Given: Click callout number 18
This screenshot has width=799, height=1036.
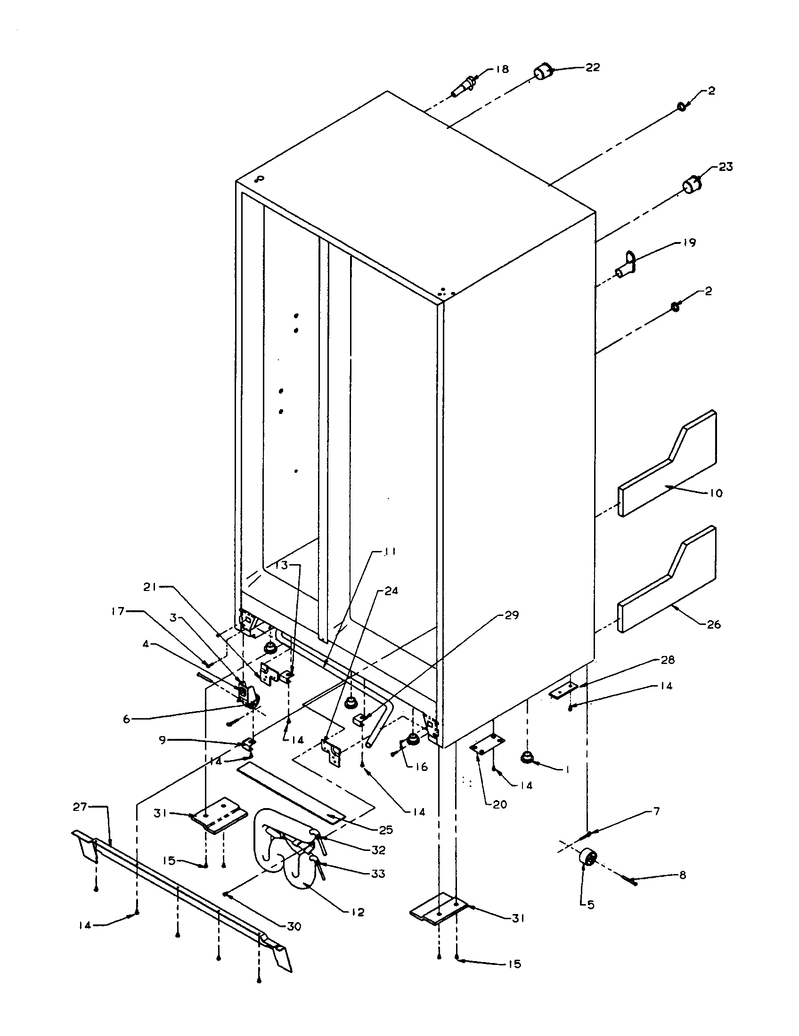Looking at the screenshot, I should pos(502,69).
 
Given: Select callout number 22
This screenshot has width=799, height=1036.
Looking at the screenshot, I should pos(593,67).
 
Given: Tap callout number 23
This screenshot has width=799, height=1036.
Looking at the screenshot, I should pos(726,167).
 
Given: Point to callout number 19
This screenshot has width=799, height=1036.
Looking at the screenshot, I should pos(689,243).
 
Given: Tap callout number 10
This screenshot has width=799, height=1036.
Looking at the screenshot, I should pos(716,494).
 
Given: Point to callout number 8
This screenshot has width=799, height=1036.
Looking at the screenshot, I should pos(682,876).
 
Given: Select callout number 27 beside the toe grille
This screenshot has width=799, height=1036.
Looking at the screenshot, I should pos(80,806).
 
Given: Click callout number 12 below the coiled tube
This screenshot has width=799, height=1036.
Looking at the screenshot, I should pos(358,912).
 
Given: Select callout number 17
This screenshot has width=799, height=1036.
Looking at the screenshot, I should pos(118,611).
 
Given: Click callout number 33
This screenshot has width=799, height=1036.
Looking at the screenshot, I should pos(378,873).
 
